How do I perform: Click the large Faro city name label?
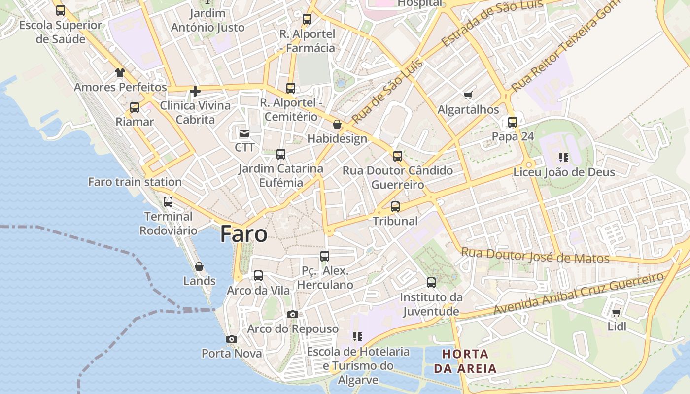pos(244,234)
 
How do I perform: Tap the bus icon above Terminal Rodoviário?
pos(168,202)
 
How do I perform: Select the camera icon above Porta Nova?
pos(232,339)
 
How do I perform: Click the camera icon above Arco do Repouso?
pos(293,314)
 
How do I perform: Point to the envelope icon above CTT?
pos(244,133)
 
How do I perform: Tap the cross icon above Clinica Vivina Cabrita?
pos(195,91)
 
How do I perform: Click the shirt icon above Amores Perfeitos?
pos(120,73)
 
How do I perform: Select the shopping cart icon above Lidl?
pos(616,312)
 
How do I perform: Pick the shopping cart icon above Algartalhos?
pos(468,95)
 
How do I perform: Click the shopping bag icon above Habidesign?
pos(337,124)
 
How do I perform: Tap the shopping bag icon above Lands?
pos(199,266)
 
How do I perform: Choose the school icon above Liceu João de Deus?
pos(564,158)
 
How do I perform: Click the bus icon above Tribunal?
pos(395,207)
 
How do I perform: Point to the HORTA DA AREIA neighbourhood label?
pos(465,361)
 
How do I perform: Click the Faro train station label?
pos(135,182)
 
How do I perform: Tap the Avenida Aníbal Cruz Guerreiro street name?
pos(579,294)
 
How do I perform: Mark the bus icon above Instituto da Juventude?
pos(431,283)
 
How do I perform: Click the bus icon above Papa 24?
pos(513,122)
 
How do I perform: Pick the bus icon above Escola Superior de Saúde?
pos(61,10)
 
